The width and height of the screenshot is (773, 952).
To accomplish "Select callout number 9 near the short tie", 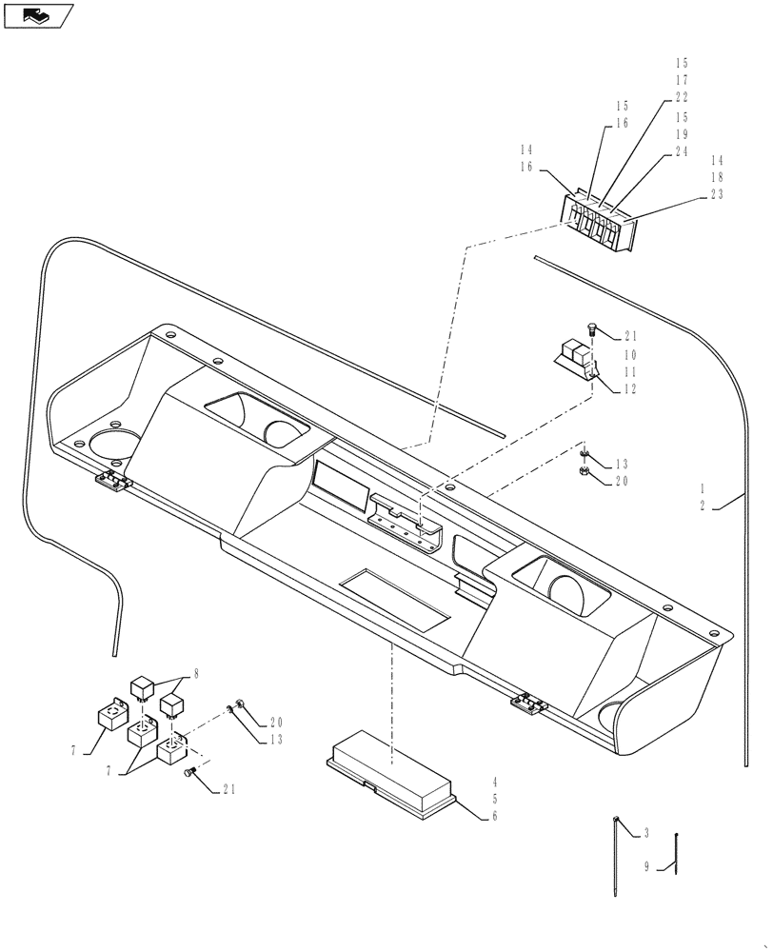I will [x=646, y=867].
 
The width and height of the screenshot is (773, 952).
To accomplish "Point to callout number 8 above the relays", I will [x=196, y=673].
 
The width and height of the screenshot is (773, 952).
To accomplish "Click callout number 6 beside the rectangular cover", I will [x=495, y=816].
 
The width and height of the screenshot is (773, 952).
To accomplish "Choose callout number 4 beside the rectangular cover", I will [x=495, y=781].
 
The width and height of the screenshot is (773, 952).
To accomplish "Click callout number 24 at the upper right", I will [x=682, y=152].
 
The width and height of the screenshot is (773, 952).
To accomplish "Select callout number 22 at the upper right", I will [x=682, y=98].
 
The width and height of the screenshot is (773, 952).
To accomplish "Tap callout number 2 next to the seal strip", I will [x=704, y=506].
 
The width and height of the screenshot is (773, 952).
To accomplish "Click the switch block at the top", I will [x=597, y=222].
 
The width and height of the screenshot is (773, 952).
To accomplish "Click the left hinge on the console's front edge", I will [x=113, y=482].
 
